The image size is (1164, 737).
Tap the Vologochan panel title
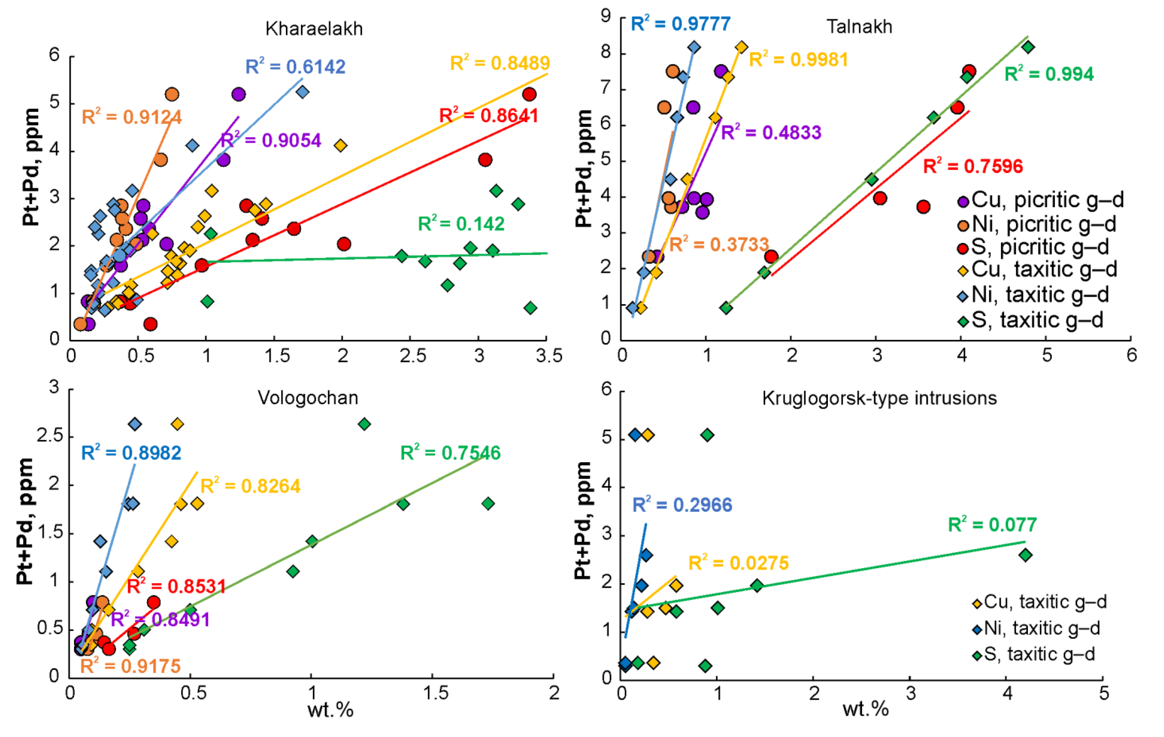point(308,398)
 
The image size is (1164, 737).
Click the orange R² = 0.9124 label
point(131,117)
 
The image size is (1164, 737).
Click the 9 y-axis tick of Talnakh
point(606,16)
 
